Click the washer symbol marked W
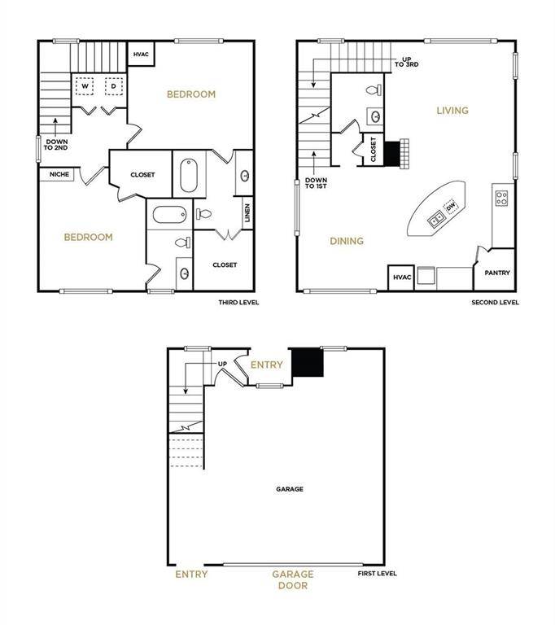[85, 86]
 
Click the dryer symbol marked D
[114, 86]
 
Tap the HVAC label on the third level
[141, 55]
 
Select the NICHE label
[59, 174]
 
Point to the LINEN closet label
[247, 213]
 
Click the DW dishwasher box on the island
[451, 207]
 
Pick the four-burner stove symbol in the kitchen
[501, 198]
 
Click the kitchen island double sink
[436, 219]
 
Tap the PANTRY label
[497, 273]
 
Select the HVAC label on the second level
[402, 277]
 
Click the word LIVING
[452, 111]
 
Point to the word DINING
[347, 241]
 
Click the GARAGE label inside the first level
[290, 488]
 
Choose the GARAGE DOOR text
[293, 579]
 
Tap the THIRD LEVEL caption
[238, 303]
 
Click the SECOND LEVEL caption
[496, 303]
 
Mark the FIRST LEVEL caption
[377, 573]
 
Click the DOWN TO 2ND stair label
[56, 145]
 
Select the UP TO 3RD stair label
[407, 62]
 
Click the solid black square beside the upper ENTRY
[308, 362]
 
